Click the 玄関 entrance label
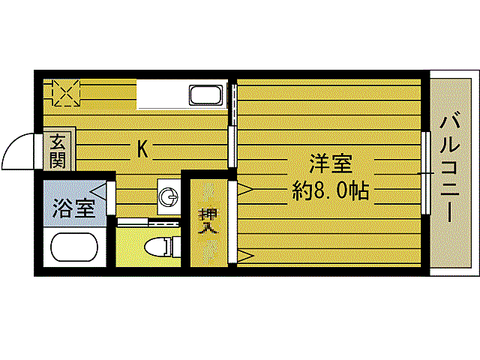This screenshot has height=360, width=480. (57, 150)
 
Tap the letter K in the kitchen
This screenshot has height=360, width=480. (142, 150)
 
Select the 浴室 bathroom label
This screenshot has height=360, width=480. (73, 208)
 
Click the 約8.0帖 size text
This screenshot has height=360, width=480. (330, 190)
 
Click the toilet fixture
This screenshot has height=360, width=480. (159, 246)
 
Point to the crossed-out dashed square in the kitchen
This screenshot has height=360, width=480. (64, 93)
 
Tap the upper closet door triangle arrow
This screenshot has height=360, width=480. (244, 190)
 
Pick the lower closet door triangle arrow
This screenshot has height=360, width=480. (244, 257)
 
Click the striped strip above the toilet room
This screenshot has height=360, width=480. (148, 221)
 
